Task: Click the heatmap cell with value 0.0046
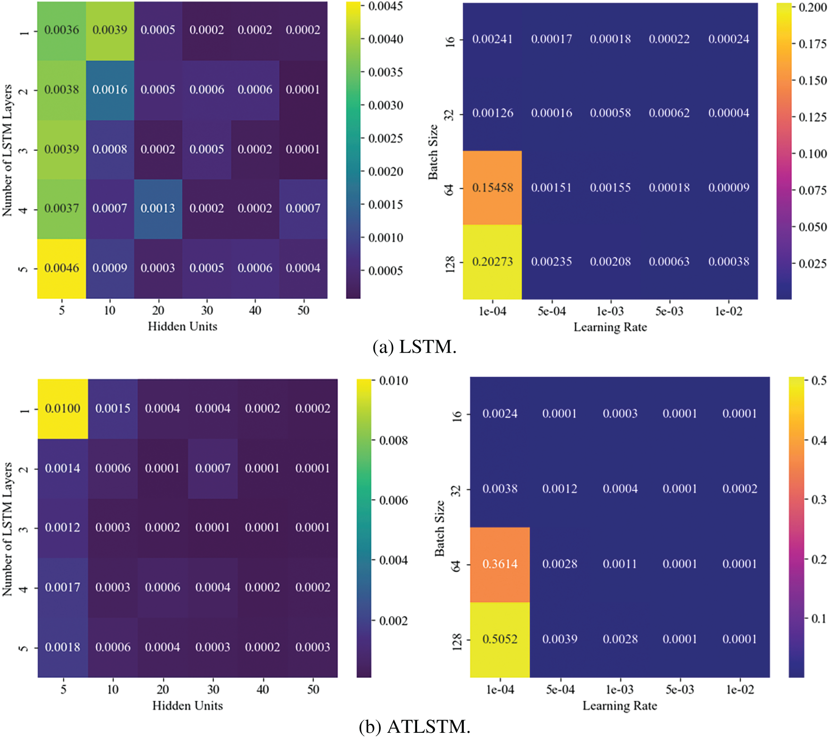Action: click(x=62, y=268)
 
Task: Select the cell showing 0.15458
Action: click(x=493, y=187)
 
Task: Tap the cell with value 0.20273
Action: click(x=493, y=261)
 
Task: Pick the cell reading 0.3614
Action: click(x=500, y=564)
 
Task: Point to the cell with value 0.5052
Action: click(x=500, y=639)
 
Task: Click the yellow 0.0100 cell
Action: click(x=63, y=408)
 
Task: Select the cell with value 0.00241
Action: click(x=493, y=39)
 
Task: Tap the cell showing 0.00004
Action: click(x=729, y=113)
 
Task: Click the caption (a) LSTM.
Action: click(x=414, y=347)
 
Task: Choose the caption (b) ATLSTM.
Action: click(x=414, y=727)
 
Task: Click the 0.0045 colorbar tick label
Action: click(x=385, y=6)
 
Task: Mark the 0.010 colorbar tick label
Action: click(x=394, y=381)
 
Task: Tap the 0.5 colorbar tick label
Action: click(x=819, y=381)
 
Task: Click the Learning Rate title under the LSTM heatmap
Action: click(x=610, y=327)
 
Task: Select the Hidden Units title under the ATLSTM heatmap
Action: click(x=188, y=706)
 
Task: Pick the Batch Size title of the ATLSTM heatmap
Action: click(x=440, y=528)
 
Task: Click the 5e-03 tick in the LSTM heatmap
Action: click(x=669, y=311)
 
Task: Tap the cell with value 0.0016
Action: click(x=110, y=89)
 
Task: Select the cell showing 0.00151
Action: click(x=551, y=187)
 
